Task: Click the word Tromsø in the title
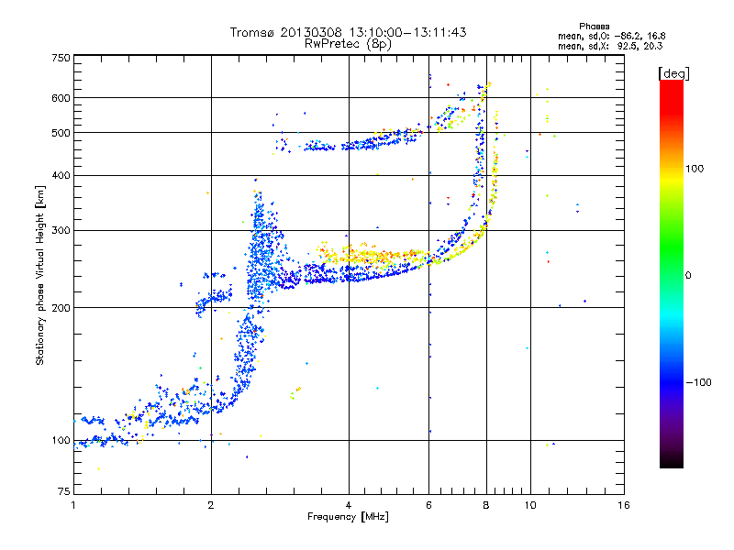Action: tap(252, 32)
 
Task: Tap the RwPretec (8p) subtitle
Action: tap(348, 44)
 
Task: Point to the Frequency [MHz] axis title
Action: tap(348, 517)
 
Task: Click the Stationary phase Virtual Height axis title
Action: tap(40, 276)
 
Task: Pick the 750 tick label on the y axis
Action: tap(61, 58)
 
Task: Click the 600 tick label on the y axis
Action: tap(61, 98)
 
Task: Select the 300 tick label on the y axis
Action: tap(61, 231)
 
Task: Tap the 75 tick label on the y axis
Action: tap(64, 491)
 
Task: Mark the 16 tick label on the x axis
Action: tap(624, 505)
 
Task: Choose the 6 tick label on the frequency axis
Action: tap(428, 505)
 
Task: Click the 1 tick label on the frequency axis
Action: tap(73, 505)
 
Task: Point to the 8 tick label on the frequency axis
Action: tap(486, 505)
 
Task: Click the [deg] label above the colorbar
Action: tap(673, 74)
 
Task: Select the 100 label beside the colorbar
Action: tap(695, 169)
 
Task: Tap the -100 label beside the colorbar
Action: tap(698, 382)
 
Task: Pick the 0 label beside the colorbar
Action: tap(688, 276)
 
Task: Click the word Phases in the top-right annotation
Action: tap(595, 27)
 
